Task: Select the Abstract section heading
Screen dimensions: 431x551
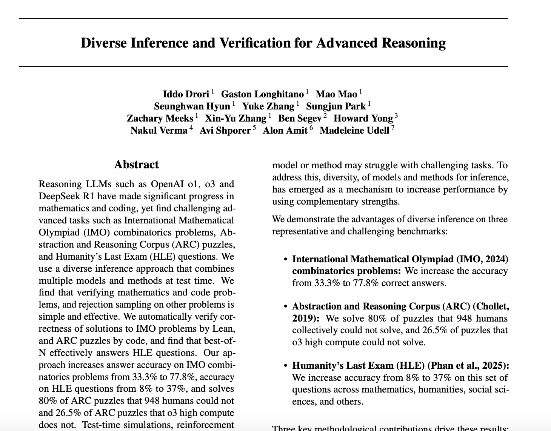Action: tap(136, 165)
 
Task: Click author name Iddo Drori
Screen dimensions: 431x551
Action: tap(186, 94)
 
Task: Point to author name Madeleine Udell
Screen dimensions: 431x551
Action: tap(354, 131)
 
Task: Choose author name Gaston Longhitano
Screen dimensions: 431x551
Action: tap(262, 94)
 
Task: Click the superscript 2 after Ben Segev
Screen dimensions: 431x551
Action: tap(325, 115)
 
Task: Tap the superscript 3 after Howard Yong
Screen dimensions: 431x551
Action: tap(396, 115)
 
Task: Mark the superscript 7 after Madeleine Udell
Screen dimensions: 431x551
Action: tap(392, 128)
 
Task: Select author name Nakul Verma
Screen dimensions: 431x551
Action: tap(159, 131)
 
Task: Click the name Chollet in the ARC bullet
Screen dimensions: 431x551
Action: tap(494, 306)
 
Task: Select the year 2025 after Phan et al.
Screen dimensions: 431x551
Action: tap(495, 366)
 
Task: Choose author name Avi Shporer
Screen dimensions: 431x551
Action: tap(225, 131)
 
